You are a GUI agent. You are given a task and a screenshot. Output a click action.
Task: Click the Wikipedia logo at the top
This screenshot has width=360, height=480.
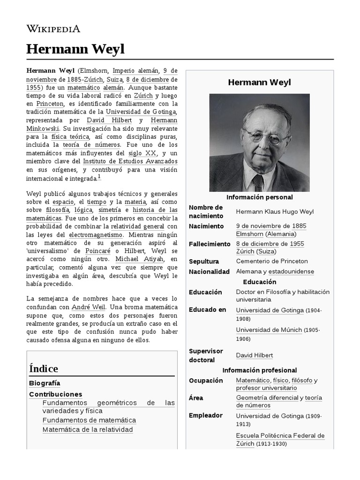pyautogui.click(x=53, y=29)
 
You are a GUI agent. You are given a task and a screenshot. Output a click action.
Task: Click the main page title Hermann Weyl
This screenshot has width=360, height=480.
pyautogui.click(x=75, y=49)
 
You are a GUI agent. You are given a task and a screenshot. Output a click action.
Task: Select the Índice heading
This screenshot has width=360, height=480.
pyautogui.click(x=44, y=368)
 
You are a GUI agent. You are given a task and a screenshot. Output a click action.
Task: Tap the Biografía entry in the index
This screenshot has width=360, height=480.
pyautogui.click(x=45, y=383)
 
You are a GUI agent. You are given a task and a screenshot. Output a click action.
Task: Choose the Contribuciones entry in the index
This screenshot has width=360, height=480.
pyautogui.click(x=55, y=394)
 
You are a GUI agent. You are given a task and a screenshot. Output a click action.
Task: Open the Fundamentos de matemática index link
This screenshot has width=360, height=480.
pyautogui.click(x=89, y=420)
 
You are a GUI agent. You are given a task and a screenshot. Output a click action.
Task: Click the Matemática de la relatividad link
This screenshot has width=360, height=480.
pyautogui.click(x=88, y=429)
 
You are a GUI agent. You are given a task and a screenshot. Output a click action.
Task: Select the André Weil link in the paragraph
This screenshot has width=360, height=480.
pyautogui.click(x=89, y=307)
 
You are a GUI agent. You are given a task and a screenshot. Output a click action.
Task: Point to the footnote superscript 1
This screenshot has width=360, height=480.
pyautogui.click(x=99, y=177)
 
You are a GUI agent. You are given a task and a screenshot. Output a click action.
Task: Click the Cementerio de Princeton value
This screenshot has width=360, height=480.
pyautogui.click(x=272, y=261)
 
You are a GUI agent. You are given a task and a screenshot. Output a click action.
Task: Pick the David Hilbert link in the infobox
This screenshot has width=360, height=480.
pyautogui.click(x=254, y=355)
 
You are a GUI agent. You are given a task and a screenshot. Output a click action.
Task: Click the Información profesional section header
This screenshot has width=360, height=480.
pyautogui.click(x=259, y=370)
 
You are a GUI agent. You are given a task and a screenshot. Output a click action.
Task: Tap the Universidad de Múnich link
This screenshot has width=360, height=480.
pyautogui.click(x=269, y=330)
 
